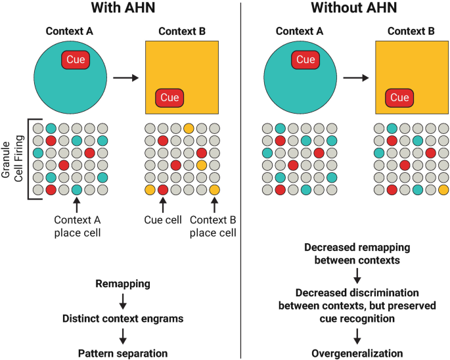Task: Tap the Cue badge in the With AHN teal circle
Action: pos(76,60)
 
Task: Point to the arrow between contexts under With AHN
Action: pos(124,78)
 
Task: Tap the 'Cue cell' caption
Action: pos(162,220)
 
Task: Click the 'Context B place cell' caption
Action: pos(214,226)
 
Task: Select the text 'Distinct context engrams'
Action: pos(122,319)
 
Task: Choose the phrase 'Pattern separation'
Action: pos(122,353)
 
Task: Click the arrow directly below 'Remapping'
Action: pos(122,302)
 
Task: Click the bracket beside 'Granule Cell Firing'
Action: pos(27,159)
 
